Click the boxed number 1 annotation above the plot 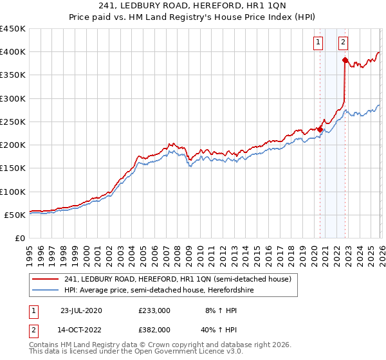(x=318, y=43)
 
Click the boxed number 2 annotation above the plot (x=343, y=43)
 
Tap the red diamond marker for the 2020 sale (x=320, y=129)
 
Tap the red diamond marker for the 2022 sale (x=345, y=60)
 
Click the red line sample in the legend (x=46, y=279)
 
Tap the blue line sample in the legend (x=46, y=291)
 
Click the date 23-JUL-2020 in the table (x=82, y=310)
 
